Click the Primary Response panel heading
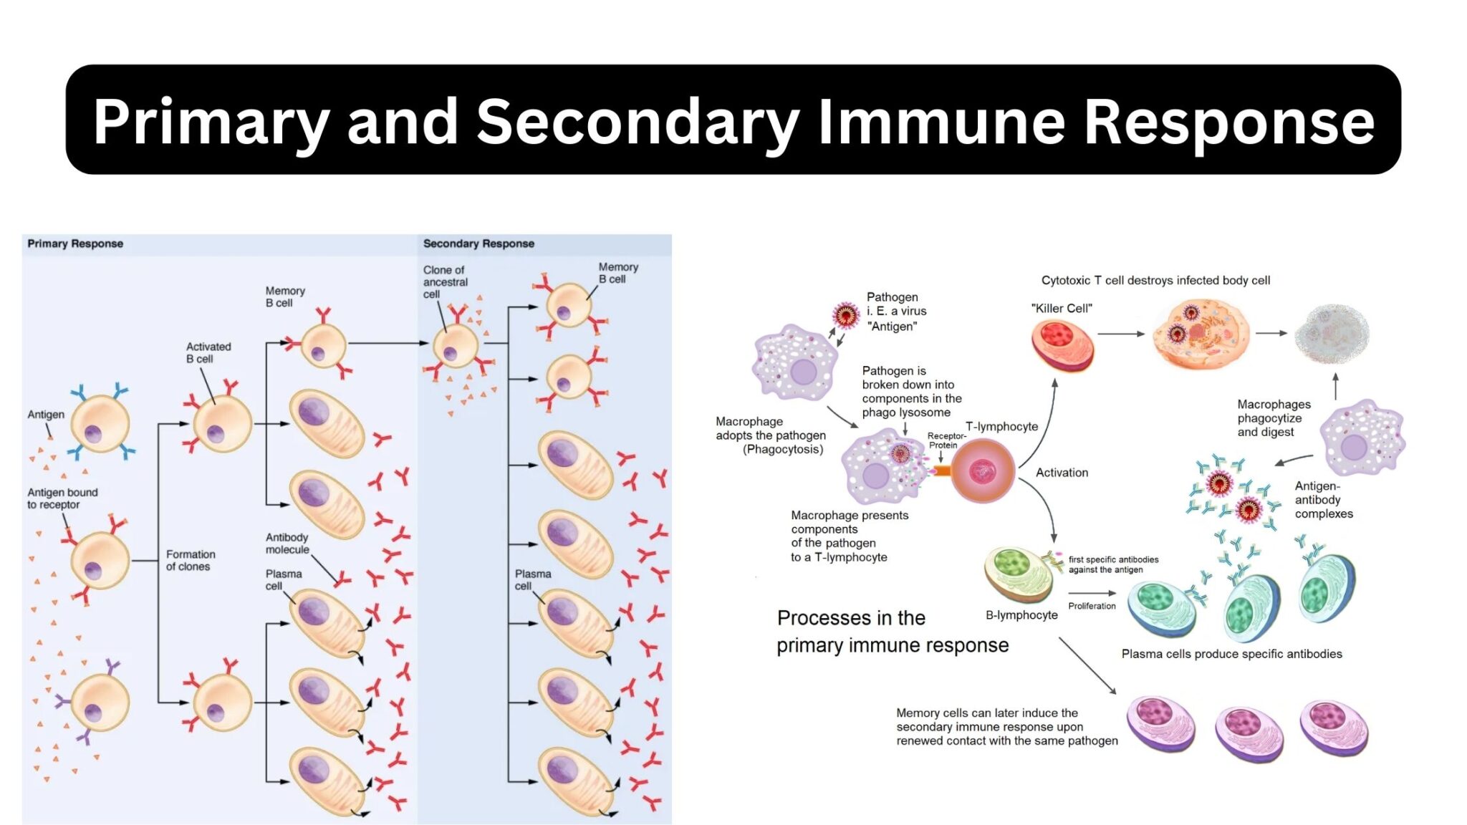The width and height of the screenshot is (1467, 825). point(75,243)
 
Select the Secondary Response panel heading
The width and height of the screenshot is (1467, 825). point(478,243)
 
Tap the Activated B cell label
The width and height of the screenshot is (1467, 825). point(208,352)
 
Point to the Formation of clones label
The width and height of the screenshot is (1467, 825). point(190,560)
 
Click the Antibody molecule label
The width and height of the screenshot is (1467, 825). point(287,544)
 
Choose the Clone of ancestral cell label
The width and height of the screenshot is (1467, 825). point(445,281)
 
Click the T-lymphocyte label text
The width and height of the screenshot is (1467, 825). point(1001,426)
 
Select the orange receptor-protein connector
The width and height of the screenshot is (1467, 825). point(942,471)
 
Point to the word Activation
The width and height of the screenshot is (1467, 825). point(1062,473)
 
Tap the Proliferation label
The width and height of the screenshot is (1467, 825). point(1092,606)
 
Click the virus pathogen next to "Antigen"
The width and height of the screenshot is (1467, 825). point(846,315)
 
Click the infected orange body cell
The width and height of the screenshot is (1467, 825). point(1201,334)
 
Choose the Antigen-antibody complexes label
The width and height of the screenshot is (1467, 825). point(1323,500)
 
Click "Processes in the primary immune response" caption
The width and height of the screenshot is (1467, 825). point(892,632)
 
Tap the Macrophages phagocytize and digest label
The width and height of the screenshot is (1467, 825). point(1274,418)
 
